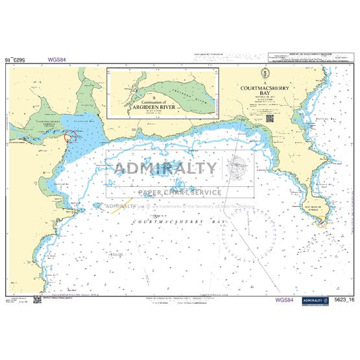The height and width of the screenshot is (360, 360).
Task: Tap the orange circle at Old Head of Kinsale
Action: pyautogui.click(x=320, y=222)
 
